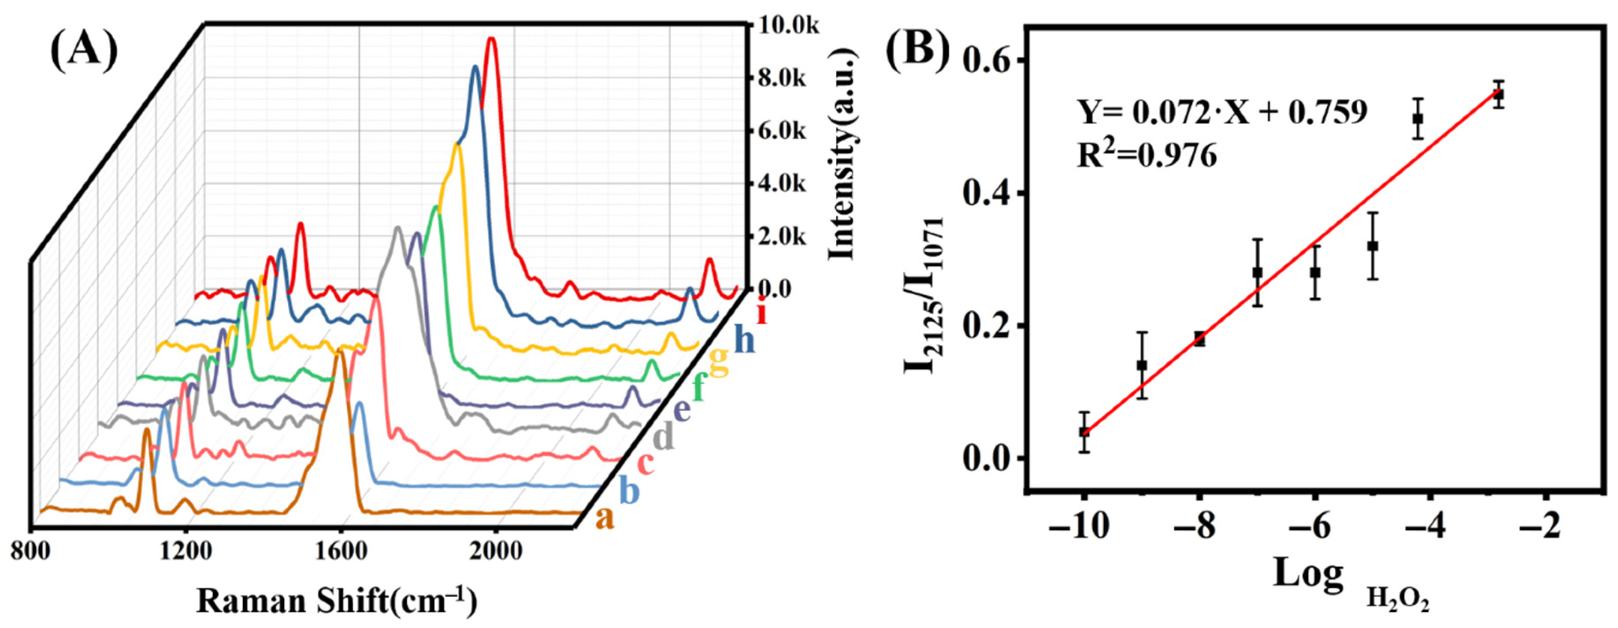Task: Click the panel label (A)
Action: point(84,49)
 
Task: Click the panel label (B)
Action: point(918,49)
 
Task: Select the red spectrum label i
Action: point(762,312)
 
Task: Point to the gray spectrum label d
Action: point(663,436)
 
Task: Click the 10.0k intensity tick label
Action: point(788,26)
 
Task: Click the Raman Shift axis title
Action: point(337,601)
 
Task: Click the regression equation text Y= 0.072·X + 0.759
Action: point(1222,113)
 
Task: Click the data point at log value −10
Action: point(1084,431)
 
